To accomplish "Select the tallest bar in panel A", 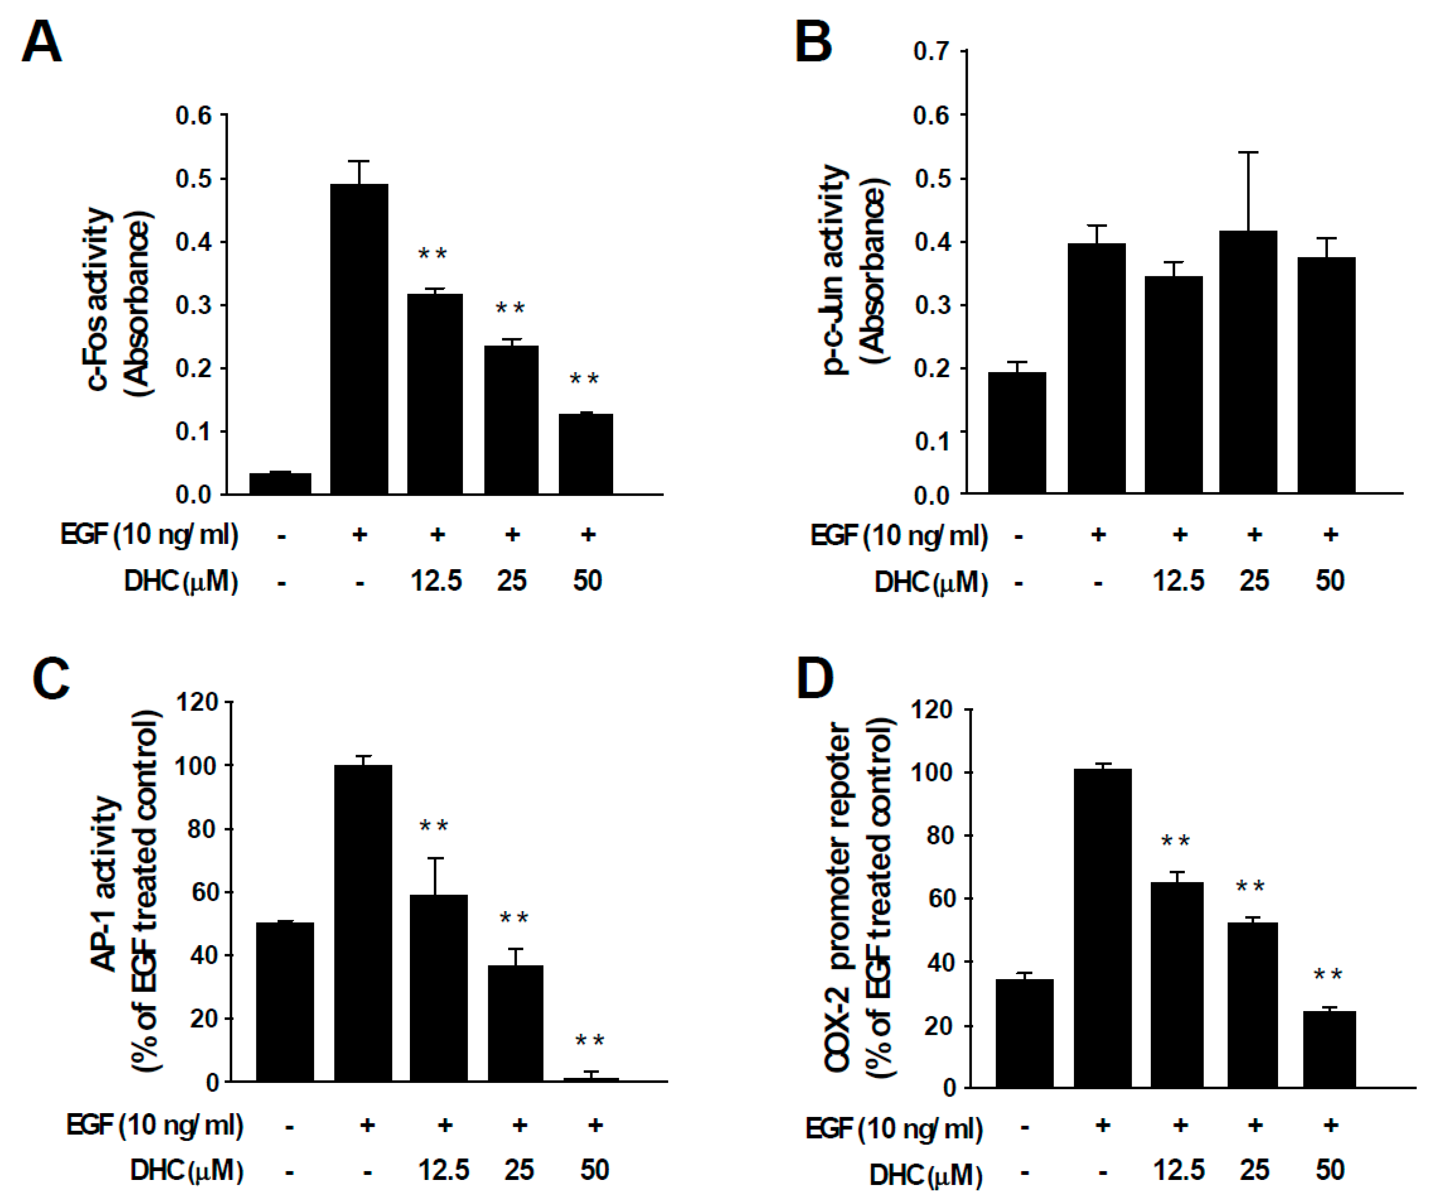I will point(359,339).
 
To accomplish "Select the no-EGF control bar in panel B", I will point(1017,433).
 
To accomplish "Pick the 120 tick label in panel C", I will point(197,702).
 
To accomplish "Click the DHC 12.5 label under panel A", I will point(436,581).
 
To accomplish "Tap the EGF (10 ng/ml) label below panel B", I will point(899,535).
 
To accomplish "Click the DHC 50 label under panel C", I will point(594,1170).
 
